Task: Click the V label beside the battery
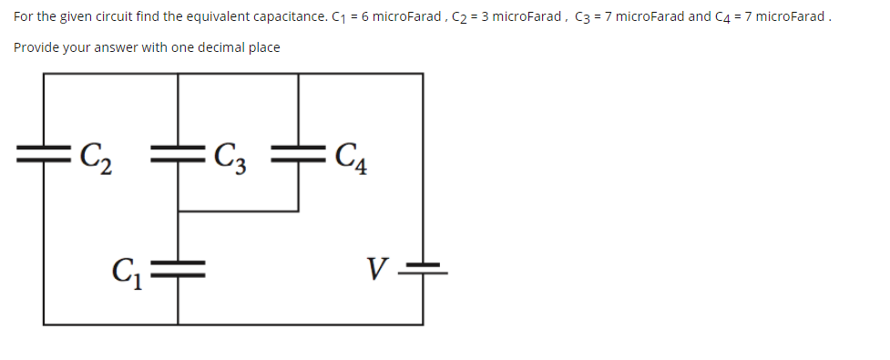(377, 270)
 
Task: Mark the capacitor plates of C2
(43, 150)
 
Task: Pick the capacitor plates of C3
(178, 150)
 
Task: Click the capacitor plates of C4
(299, 150)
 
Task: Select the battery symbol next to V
(422, 267)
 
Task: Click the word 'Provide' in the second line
(36, 46)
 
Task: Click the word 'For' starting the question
(22, 15)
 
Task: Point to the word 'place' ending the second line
(261, 46)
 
